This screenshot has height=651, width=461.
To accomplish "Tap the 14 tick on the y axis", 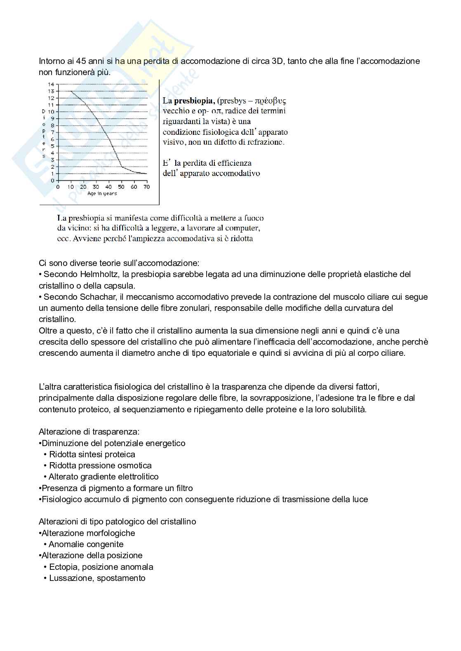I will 51,85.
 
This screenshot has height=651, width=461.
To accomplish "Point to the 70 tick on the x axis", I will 146,187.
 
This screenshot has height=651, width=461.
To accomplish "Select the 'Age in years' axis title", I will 102,194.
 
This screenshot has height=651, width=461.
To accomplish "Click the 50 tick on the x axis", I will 121,187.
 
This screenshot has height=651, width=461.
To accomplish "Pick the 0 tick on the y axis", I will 52,181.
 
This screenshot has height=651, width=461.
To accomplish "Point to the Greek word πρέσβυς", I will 270,101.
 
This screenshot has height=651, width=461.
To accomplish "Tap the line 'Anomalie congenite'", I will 86,544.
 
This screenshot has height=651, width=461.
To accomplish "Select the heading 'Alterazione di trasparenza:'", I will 89,432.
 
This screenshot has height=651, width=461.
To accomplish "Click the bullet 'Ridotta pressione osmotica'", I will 100,465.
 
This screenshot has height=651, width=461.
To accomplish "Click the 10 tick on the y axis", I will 51,112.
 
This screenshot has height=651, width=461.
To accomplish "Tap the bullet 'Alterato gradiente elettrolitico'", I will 103,477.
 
